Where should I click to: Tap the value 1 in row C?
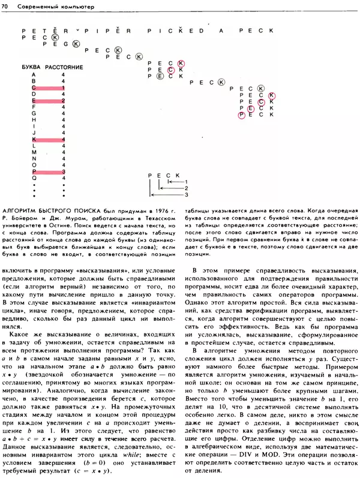(x=63, y=88)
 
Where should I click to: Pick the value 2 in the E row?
(x=63, y=101)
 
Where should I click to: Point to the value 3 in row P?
(x=63, y=172)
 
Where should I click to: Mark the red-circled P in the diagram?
(x=242, y=115)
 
